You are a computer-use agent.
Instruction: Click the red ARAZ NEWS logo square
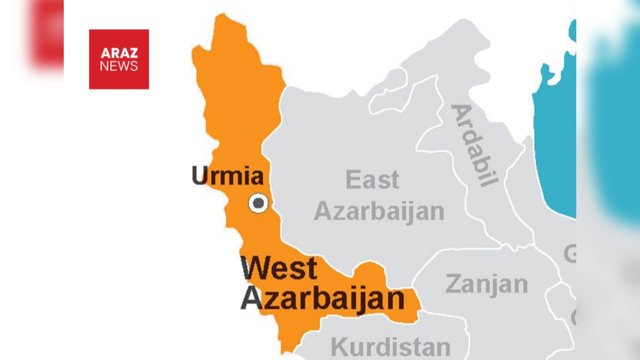click(x=118, y=59)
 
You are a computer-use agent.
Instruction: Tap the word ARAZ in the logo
click(x=118, y=52)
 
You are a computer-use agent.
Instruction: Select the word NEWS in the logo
click(x=118, y=66)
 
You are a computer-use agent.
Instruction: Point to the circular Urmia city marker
click(x=258, y=203)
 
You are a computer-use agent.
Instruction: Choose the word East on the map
click(x=372, y=180)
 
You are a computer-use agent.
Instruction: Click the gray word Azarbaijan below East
click(x=379, y=210)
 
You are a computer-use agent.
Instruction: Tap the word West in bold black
click(x=279, y=268)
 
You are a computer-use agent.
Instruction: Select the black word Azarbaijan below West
click(x=323, y=298)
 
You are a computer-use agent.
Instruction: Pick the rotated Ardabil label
click(x=474, y=145)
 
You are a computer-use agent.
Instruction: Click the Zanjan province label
click(x=486, y=285)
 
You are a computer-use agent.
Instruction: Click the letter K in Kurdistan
click(x=337, y=347)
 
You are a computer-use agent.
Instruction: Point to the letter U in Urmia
click(x=198, y=177)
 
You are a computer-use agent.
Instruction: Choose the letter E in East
click(x=353, y=180)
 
